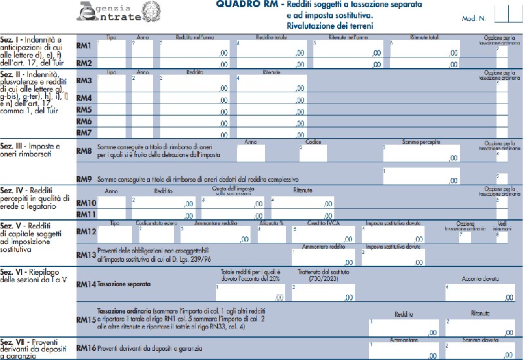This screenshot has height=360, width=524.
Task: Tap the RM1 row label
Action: click(x=84, y=46)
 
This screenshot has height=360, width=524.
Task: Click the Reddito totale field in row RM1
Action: click(x=271, y=48)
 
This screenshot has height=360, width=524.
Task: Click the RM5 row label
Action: click(x=84, y=110)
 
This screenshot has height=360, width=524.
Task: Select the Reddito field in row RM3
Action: click(x=194, y=82)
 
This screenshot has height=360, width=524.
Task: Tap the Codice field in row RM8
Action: click(x=313, y=153)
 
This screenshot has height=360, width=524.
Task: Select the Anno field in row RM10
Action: click(x=111, y=202)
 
